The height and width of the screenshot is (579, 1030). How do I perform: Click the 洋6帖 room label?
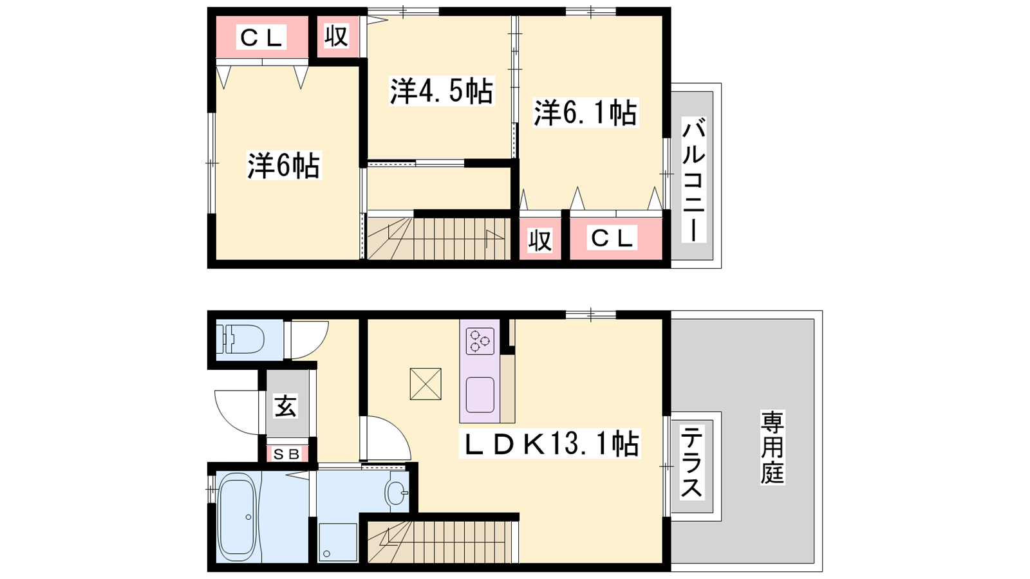[x=284, y=165]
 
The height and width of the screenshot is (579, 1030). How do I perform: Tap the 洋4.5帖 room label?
[x=442, y=91]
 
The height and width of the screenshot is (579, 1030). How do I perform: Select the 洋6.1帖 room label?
[x=585, y=113]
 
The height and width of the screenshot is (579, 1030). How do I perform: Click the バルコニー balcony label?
[x=693, y=179]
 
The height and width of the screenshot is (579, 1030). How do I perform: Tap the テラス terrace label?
[x=691, y=462]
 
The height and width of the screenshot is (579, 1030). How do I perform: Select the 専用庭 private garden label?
[x=772, y=447]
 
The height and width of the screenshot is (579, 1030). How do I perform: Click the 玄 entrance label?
[x=286, y=406]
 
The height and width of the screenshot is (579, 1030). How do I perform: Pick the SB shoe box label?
[x=286, y=454]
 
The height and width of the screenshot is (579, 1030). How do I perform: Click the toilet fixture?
[x=240, y=339]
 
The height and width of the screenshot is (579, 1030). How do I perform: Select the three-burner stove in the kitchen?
[x=480, y=341]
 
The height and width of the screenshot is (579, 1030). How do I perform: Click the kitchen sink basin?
[x=480, y=395]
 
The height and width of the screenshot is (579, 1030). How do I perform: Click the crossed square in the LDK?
[x=426, y=383]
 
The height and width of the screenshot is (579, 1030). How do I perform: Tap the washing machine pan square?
[x=338, y=542]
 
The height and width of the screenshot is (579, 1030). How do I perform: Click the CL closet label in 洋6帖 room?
[x=261, y=37]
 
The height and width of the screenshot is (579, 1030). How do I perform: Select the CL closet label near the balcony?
[x=612, y=237]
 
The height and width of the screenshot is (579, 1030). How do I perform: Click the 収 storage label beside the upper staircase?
[x=540, y=240]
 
